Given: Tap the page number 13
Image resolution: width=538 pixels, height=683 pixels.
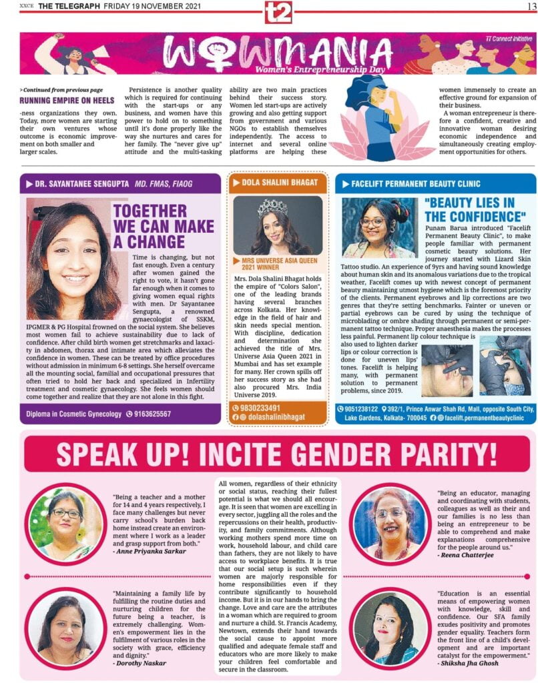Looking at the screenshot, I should click(525, 6).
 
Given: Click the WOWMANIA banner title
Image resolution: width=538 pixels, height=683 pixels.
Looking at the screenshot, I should click(278, 53).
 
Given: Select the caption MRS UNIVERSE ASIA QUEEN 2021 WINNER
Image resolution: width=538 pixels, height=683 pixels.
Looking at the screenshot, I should click(274, 263).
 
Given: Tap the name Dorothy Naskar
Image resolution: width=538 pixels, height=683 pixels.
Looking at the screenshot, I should click(139, 663).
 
